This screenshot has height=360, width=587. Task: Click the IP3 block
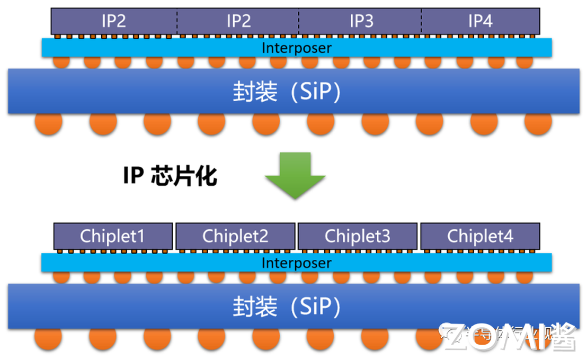pyautogui.click(x=360, y=21)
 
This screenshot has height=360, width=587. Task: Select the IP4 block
pyautogui.click(x=481, y=21)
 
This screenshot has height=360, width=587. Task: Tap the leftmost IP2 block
pyautogui.click(x=114, y=21)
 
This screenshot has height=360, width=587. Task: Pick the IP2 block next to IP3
pyautogui.click(x=238, y=21)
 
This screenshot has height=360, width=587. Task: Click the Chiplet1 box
pyautogui.click(x=113, y=236)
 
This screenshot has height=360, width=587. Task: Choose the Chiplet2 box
pyautogui.click(x=235, y=236)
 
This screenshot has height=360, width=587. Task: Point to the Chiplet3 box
pyautogui.click(x=358, y=236)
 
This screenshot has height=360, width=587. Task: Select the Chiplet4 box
pyautogui.click(x=480, y=236)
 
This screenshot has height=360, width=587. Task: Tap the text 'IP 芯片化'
pyautogui.click(x=170, y=176)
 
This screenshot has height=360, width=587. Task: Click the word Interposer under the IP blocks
pyautogui.click(x=297, y=48)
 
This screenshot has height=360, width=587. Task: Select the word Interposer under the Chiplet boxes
pyautogui.click(x=297, y=263)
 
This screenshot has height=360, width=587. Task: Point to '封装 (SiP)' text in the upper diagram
pyautogui.click(x=287, y=92)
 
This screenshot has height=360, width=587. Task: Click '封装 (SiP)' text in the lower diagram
pyautogui.click(x=287, y=307)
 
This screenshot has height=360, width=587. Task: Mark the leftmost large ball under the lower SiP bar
pyautogui.click(x=49, y=339)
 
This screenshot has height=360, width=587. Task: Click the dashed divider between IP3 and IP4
pyautogui.click(x=422, y=21)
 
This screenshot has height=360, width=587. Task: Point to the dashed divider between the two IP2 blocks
pyautogui.click(x=177, y=21)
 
